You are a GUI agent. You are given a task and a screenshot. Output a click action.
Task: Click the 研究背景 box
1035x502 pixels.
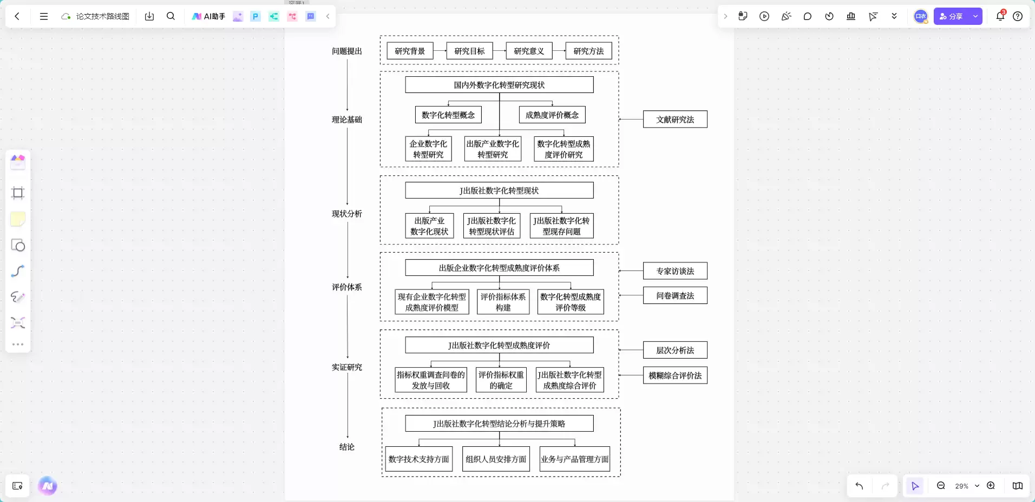410,51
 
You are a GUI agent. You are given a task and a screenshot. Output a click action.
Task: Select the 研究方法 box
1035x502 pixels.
588,51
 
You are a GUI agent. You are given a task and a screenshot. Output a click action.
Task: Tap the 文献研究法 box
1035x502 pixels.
675,120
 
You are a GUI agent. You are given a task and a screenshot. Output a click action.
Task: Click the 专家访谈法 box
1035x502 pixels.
675,271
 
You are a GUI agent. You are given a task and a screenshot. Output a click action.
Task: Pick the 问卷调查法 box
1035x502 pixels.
675,295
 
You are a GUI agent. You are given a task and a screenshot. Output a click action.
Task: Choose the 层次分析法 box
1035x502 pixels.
675,350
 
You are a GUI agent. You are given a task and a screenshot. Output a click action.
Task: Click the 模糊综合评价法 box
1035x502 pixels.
675,375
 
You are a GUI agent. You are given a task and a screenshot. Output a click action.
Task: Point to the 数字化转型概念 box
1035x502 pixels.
448,115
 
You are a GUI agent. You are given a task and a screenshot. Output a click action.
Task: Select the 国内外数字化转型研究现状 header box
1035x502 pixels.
499,85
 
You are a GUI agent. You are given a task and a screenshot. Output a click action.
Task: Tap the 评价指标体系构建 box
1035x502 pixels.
503,302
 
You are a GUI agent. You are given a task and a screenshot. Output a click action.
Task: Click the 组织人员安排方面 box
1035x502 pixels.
496,459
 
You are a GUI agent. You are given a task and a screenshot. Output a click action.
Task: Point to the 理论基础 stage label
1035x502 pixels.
347,120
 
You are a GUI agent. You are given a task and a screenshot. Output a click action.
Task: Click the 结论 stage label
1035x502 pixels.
347,447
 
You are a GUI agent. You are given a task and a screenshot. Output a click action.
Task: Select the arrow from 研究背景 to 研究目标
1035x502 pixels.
440,51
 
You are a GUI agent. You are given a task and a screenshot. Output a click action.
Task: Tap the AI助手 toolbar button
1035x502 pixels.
208,16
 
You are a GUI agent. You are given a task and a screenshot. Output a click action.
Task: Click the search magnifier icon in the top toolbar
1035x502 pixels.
171,16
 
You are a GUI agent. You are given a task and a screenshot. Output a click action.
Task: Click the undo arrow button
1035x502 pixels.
859,486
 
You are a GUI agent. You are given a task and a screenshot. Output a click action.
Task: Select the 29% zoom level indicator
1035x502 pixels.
961,486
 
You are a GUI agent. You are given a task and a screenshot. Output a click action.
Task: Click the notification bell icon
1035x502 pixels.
1000,16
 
